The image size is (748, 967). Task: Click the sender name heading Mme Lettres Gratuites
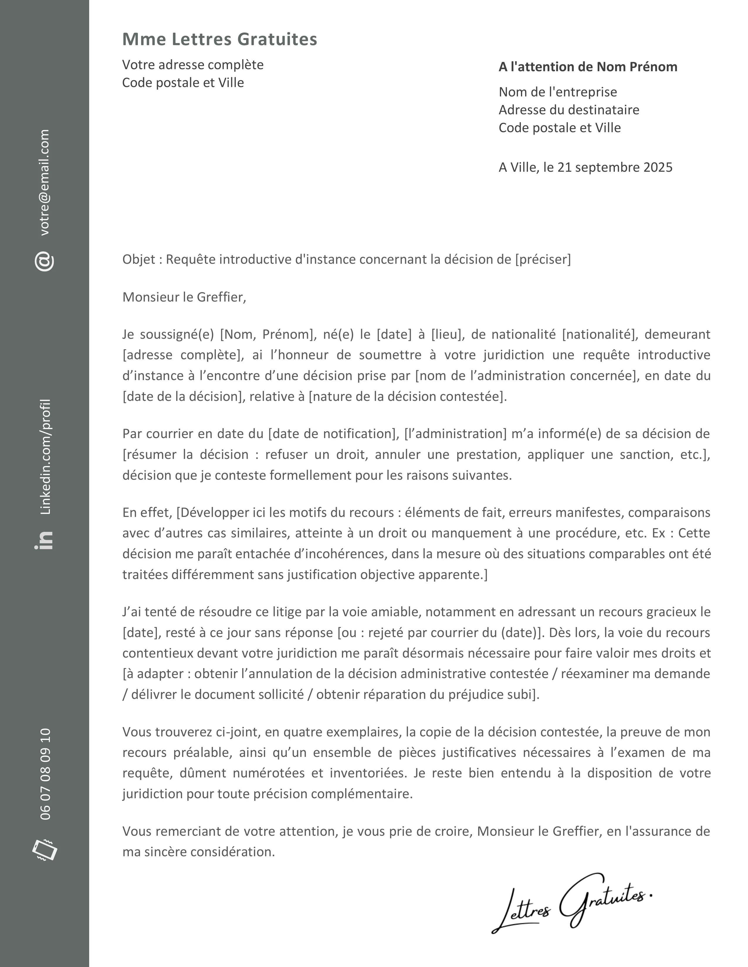click(x=219, y=39)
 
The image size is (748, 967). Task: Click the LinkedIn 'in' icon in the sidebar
click(x=44, y=540)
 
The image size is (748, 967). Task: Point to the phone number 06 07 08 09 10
click(x=45, y=774)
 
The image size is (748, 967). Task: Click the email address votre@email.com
click(x=45, y=183)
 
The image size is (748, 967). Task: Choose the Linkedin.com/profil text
click(x=45, y=457)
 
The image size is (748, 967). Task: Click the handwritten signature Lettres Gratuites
click(x=572, y=903)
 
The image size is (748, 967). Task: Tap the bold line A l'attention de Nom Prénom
click(x=588, y=67)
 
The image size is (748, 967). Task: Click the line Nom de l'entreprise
click(x=557, y=92)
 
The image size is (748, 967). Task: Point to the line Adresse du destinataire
click(x=568, y=110)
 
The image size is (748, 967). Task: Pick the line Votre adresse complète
click(x=193, y=65)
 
